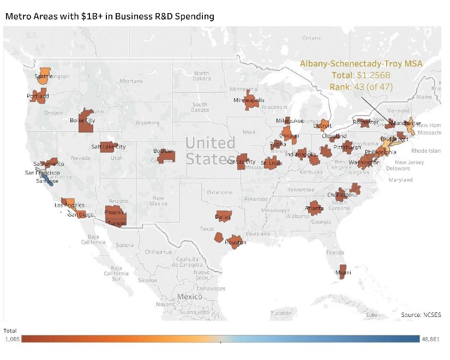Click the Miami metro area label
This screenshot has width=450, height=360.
coord(344,272)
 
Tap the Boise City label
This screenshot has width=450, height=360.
coord(82,121)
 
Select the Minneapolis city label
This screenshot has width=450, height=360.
coord(249,100)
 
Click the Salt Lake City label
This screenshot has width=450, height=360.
coord(109,147)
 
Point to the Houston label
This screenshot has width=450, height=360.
coord(236,242)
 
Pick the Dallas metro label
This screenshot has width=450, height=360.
coord(223,217)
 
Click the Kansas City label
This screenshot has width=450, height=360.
coord(241,162)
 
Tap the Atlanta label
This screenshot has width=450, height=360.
coord(314,208)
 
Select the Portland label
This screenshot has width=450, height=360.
coord(38,97)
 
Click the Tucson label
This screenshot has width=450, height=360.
coord(115,223)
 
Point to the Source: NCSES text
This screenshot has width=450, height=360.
coord(421,315)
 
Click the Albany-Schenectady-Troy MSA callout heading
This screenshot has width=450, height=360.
coord(346,63)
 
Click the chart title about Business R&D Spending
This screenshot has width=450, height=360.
coord(109,16)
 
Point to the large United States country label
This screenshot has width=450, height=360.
coord(211,151)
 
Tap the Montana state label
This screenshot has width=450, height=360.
coord(131,81)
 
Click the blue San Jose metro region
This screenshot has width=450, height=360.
coord(49,181)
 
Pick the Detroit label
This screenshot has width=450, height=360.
coord(322,126)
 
